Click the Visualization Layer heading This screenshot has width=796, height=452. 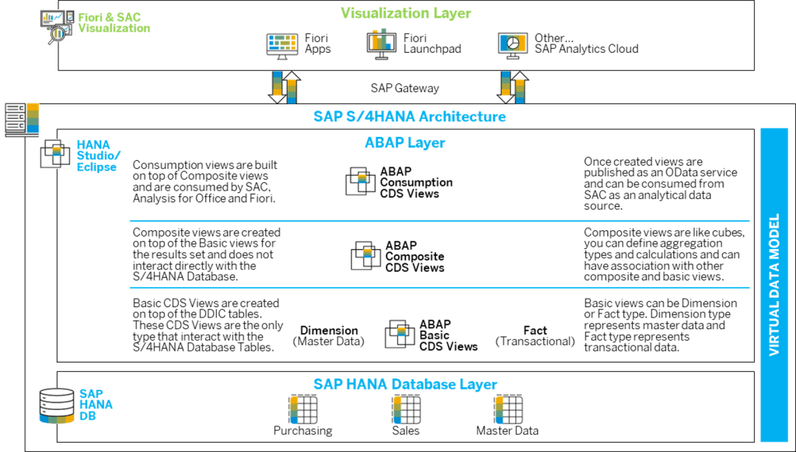pos(406,13)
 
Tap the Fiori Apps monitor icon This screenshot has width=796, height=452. pos(282,46)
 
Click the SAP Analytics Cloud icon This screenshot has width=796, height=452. pos(513,44)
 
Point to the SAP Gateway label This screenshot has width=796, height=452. pos(405,88)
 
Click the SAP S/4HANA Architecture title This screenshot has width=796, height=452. pos(410,117)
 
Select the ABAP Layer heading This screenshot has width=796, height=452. pos(404,142)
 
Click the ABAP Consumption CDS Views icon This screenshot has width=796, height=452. pos(361,180)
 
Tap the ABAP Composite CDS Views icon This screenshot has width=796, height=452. pos(365,255)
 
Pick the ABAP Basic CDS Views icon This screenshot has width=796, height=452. pos(400,333)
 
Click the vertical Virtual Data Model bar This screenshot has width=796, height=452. pos(773,285)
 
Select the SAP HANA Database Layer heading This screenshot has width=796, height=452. pos(405,384)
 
